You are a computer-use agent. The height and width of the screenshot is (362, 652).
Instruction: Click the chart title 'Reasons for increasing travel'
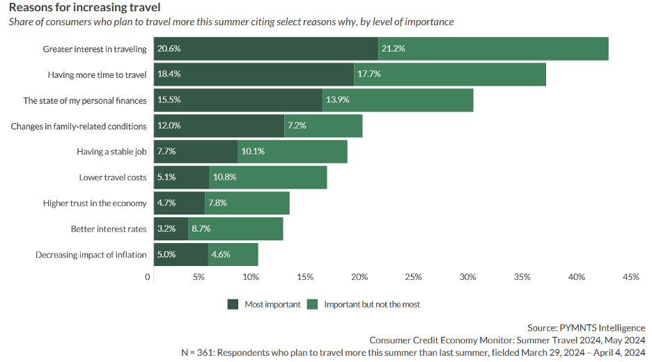85,8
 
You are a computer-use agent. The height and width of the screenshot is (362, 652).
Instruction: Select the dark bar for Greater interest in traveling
265,49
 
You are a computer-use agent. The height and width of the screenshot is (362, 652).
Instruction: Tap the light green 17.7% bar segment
450,74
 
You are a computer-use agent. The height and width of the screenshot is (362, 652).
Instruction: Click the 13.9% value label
338,100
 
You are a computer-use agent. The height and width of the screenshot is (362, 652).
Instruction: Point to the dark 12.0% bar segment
219,126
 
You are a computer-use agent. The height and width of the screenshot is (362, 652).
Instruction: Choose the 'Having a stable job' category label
111,152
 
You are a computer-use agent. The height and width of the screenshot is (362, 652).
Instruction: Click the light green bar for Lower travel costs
268,178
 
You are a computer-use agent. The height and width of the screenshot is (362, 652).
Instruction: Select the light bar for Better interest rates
235,228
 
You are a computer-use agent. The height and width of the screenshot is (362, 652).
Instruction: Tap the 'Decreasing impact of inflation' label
91,255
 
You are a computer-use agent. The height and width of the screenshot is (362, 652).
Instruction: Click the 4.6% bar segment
233,255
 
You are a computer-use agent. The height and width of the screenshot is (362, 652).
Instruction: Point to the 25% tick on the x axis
413,277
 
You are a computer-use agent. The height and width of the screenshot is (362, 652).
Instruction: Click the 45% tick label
630,277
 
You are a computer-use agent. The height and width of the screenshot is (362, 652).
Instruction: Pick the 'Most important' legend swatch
233,304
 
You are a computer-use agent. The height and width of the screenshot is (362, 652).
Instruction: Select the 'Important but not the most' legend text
372,304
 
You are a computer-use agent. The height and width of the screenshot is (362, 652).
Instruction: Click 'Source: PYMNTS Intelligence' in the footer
586,327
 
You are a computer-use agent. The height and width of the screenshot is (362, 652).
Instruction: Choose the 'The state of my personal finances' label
85,100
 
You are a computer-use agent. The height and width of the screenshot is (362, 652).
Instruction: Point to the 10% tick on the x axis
251,277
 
